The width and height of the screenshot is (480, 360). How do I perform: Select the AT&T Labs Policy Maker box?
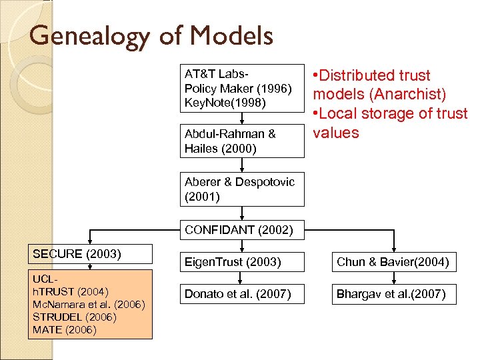(242, 88)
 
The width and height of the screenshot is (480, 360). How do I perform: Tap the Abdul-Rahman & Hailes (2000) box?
(242, 141)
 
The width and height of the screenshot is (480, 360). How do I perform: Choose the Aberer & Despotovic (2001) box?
(242, 189)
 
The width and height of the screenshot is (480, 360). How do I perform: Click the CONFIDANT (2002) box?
(242, 231)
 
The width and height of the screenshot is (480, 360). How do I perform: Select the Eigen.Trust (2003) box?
(242, 262)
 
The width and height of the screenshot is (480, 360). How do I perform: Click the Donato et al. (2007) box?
(242, 293)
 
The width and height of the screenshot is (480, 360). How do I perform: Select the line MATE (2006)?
(64, 329)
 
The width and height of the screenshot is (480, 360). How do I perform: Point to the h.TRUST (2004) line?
(69, 291)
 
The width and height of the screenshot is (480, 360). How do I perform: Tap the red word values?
(336, 133)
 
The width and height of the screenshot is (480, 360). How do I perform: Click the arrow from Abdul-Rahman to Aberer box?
(243, 165)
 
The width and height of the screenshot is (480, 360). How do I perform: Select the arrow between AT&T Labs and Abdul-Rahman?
(243, 118)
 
